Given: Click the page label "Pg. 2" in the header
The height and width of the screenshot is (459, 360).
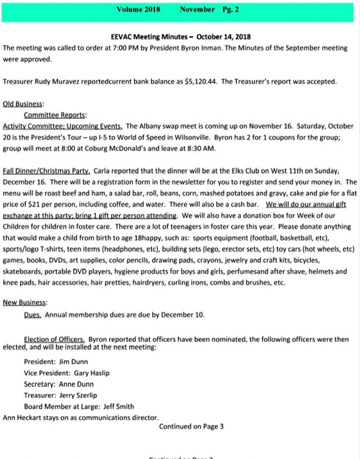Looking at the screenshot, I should coord(230,10).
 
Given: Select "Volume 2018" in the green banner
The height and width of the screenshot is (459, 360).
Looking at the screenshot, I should coord(138,10).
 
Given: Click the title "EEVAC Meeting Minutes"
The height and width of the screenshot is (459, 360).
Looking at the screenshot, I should coord(149,37).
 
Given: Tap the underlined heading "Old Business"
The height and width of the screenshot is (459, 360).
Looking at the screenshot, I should coord(23,104).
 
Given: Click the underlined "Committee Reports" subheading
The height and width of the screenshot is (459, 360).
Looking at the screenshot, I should coord(54,115).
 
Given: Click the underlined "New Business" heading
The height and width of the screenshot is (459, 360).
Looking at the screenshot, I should coord(24,303).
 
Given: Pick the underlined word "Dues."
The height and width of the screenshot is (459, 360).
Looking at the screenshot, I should coord(32,315).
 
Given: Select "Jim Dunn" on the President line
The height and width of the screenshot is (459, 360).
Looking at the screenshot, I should coord(73,362).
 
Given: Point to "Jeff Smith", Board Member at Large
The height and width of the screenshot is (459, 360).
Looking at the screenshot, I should coord(118,407).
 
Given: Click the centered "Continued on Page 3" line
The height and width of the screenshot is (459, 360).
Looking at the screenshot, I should coord(191,427).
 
